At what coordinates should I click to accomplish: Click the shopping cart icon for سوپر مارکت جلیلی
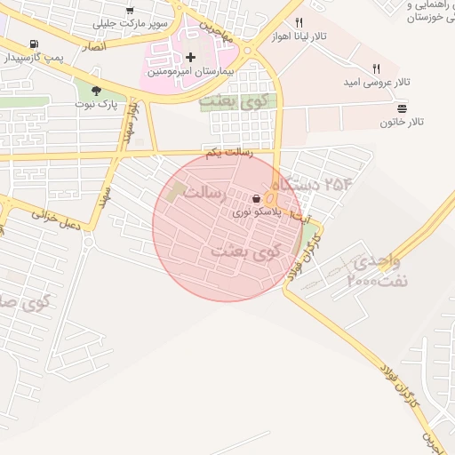pyautogui.click(x=130, y=11)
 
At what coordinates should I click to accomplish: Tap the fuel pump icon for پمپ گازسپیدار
pyautogui.click(x=33, y=44)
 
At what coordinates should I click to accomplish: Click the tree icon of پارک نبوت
pyautogui.click(x=95, y=90)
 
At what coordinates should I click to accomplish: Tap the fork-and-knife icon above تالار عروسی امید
pyautogui.click(x=377, y=68)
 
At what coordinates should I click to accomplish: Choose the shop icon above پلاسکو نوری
pyautogui.click(x=257, y=199)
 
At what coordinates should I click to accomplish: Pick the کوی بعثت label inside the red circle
pyautogui.click(x=245, y=251)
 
